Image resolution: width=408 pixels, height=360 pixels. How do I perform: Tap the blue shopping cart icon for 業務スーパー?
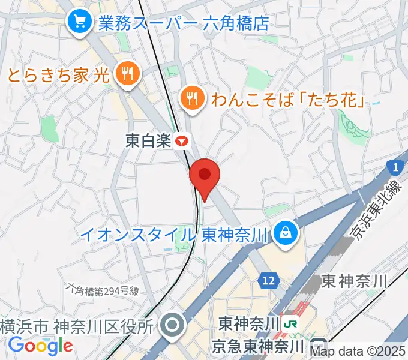[79, 23]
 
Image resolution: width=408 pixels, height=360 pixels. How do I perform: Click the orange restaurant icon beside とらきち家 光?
[127, 75]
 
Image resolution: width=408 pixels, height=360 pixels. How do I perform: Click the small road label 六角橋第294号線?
[103, 291]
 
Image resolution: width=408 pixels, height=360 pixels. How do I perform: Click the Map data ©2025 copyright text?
[359, 351]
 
